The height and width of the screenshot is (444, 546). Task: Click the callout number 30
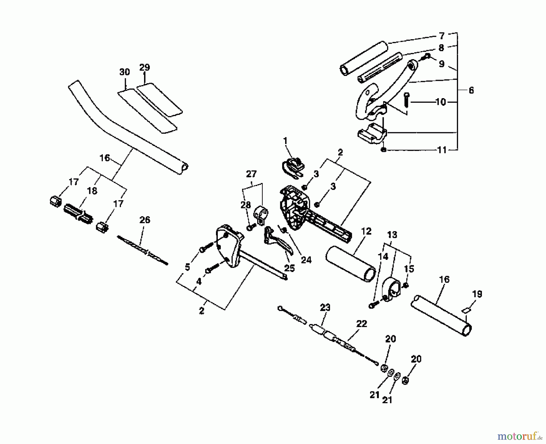pyautogui.click(x=124, y=72)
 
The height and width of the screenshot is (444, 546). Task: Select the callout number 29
pyautogui.click(x=145, y=67)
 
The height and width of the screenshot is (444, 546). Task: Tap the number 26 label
pyautogui.click(x=145, y=220)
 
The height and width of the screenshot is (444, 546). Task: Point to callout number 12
pyautogui.click(x=366, y=231)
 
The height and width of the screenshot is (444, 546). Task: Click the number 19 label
pyautogui.click(x=477, y=294)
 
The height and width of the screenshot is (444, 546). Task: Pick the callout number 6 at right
pyautogui.click(x=471, y=90)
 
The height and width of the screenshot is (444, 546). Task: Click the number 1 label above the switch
pyautogui.click(x=285, y=141)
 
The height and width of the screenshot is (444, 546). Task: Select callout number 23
pyautogui.click(x=325, y=308)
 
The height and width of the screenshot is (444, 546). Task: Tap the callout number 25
pyautogui.click(x=289, y=268)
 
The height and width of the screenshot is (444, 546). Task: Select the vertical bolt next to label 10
pyautogui.click(x=407, y=100)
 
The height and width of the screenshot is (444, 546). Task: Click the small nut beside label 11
pyautogui.click(x=384, y=150)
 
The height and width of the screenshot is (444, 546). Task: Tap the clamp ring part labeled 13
pyautogui.click(x=393, y=289)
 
